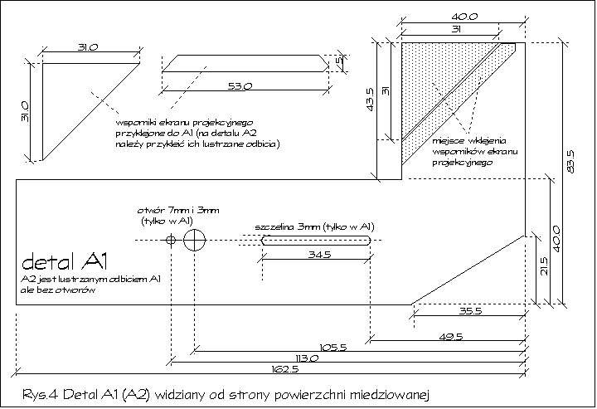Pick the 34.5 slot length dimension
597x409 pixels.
point(315,255)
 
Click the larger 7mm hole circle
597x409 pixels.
point(196,240)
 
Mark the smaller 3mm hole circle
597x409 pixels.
point(171,240)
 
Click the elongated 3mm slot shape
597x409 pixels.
point(315,240)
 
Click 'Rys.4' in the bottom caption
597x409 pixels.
point(39,392)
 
